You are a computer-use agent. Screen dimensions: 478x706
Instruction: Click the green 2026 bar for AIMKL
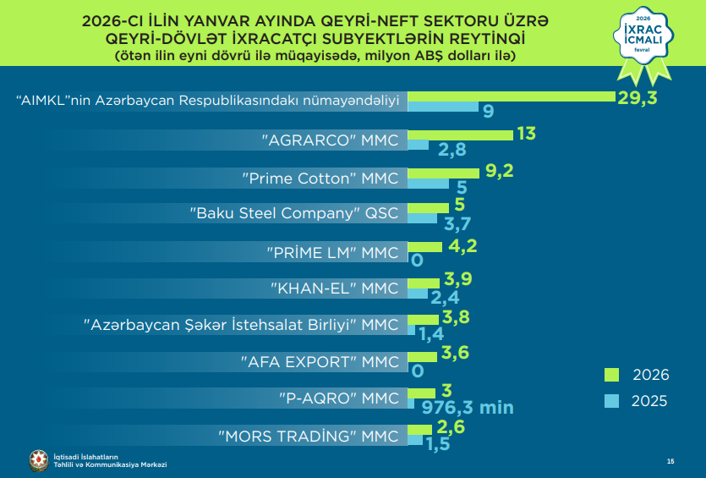pos(512,95)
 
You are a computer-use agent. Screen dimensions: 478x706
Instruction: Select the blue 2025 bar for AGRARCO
pos(419,145)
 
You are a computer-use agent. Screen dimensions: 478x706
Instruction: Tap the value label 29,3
pos(638,97)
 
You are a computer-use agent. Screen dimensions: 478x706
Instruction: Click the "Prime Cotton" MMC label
pos(319,179)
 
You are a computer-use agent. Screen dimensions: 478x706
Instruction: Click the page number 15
pos(670,461)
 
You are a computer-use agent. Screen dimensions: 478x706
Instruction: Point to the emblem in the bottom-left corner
pos(39,459)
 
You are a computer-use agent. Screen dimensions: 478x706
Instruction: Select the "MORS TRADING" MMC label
pos(308,437)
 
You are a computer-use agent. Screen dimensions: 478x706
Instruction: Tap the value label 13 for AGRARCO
pos(526,135)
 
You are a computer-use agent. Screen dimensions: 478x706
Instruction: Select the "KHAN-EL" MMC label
pos(334,288)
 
